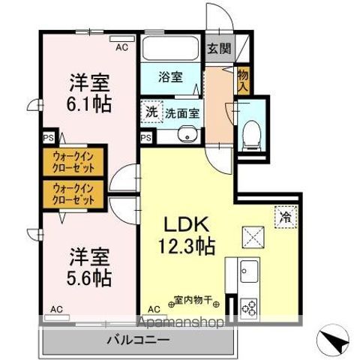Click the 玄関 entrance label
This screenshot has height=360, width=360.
pos(220,50)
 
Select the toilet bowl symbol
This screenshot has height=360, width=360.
pos(250,136)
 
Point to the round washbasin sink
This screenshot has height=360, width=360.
pos(186,135)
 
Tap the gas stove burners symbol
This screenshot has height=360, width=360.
pos(250,307)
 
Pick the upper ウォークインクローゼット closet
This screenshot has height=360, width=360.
pos(74,161)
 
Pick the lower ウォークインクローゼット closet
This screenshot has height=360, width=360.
pos(74,195)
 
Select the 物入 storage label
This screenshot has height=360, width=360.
pos(242,78)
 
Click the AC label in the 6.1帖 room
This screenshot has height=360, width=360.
pos(121,47)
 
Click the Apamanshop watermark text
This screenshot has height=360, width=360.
pos(181,323)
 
